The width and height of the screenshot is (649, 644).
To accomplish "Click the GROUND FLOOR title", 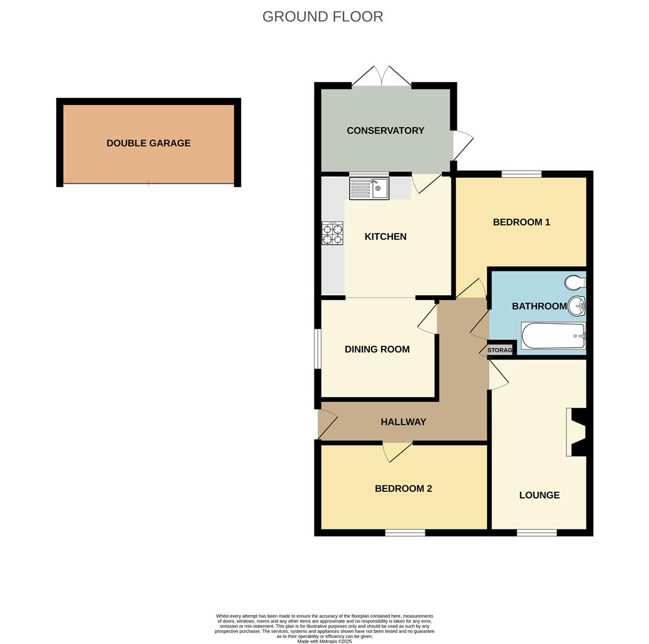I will (x=323, y=17).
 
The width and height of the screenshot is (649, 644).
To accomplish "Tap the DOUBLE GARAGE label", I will (x=149, y=143).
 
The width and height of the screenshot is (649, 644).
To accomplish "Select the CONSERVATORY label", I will (x=385, y=131).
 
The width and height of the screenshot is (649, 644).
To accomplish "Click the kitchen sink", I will (x=369, y=188).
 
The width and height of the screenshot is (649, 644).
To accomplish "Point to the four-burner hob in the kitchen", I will (x=332, y=233).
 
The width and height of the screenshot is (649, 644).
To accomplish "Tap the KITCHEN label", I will (x=385, y=237).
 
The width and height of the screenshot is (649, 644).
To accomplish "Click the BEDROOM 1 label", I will (x=521, y=222).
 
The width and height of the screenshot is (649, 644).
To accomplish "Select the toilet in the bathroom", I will (x=575, y=282).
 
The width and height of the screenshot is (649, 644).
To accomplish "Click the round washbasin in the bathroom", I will (x=577, y=306).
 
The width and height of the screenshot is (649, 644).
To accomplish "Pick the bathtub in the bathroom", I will (x=553, y=336).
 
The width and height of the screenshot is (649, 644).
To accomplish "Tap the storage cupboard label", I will (x=500, y=350).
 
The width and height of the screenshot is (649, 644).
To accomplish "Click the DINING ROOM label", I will (x=377, y=349).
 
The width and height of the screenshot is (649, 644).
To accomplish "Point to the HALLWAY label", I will (x=403, y=422).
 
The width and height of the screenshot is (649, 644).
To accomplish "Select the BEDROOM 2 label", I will (x=403, y=488).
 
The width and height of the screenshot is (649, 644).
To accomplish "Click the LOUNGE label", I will (x=539, y=495).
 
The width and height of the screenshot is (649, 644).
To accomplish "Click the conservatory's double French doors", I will (x=381, y=76).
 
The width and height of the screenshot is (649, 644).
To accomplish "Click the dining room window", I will (x=318, y=349).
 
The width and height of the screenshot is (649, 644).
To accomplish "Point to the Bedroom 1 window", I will (x=521, y=174).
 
